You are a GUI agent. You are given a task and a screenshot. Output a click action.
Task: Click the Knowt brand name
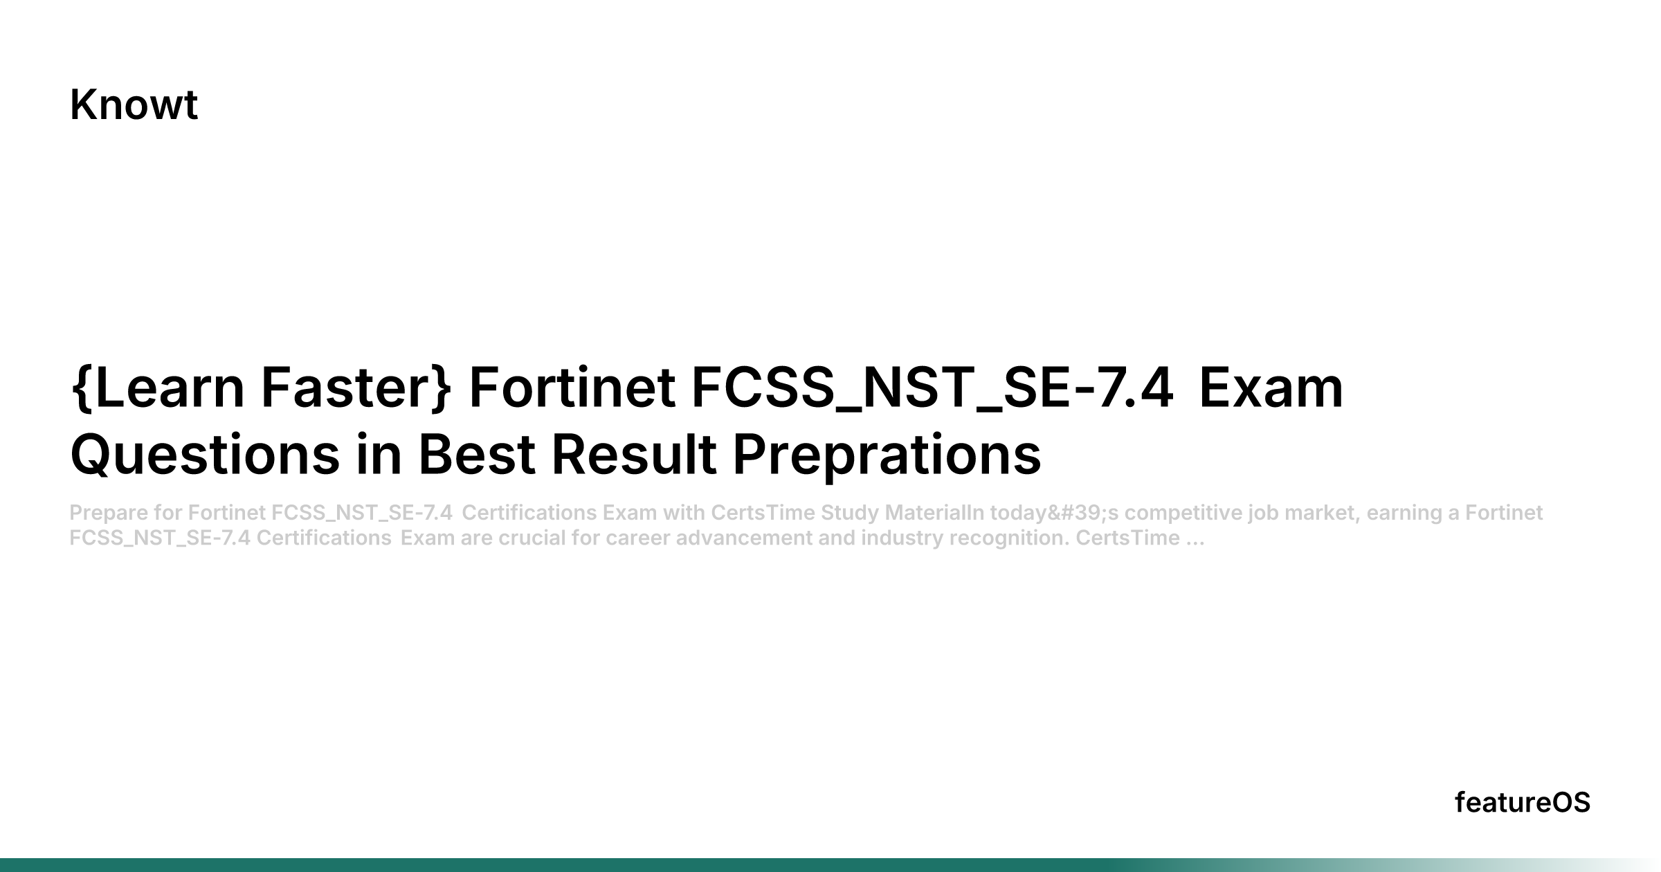(134, 105)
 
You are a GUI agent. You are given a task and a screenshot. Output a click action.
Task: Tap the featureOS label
(1523, 803)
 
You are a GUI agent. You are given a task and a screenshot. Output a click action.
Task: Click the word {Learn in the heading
(158, 388)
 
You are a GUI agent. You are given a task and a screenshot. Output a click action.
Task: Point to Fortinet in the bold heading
(572, 388)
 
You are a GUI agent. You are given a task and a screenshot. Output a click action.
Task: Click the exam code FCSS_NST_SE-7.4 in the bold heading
(932, 389)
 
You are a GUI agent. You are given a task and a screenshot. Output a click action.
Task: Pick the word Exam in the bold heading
(1271, 388)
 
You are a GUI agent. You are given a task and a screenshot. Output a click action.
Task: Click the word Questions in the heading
(206, 455)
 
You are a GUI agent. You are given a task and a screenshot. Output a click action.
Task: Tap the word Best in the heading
(477, 455)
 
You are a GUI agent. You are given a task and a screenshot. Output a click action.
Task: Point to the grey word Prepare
(109, 514)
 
